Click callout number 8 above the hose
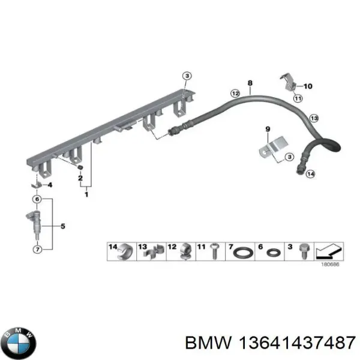pos(250,82)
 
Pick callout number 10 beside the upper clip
pos(308,86)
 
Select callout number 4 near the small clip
pos(50,185)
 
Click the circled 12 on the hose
pos(235,93)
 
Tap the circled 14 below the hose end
pos(310,174)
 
